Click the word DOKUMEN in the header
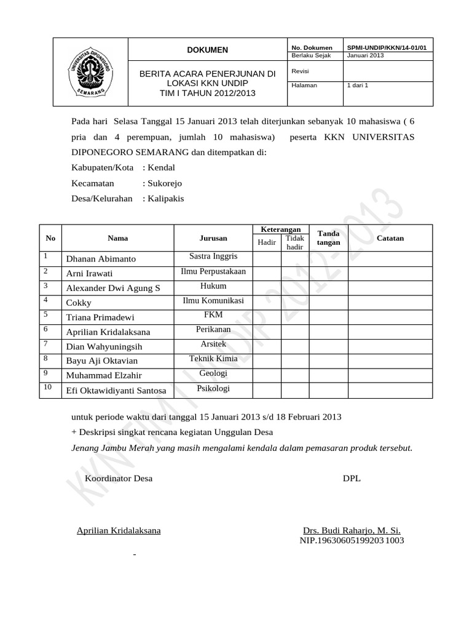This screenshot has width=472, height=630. tap(207, 50)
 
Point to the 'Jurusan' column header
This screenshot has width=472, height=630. tap(213, 238)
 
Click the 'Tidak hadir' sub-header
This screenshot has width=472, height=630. tap(295, 242)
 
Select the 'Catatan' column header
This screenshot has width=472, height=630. tap(390, 238)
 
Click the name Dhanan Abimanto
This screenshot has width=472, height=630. tap(101, 259)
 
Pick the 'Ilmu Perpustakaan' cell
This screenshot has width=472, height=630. tap(213, 271)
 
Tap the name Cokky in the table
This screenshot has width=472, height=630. tap(79, 303)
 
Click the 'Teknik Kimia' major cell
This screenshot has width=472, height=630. tap(213, 359)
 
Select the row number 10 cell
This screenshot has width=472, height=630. tap(49, 388)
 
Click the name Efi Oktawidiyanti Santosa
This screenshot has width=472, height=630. tap(116, 391)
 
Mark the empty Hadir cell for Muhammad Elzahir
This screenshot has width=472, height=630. tap(267, 375)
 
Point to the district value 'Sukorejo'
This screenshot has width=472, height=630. tap(164, 183)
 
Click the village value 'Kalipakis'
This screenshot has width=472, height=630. tap(165, 199)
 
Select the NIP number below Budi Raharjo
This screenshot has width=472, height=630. tap(352, 541)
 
